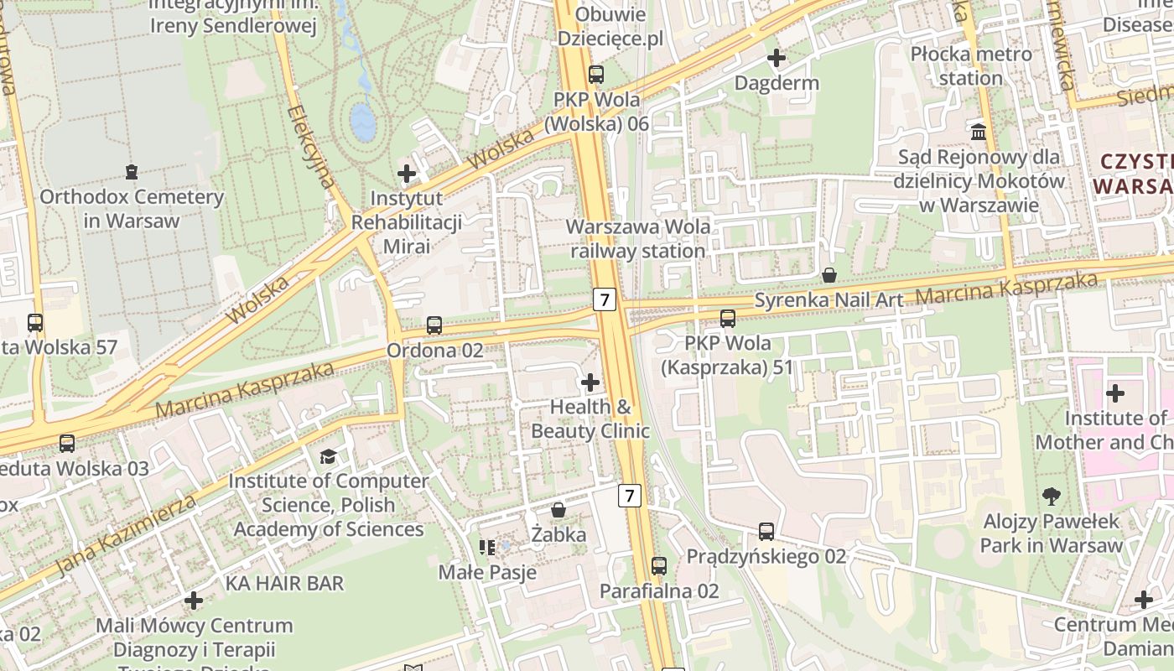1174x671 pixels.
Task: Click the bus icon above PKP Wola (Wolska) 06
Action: (595, 75)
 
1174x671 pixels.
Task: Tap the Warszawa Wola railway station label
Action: (638, 238)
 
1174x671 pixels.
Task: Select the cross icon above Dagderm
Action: (777, 58)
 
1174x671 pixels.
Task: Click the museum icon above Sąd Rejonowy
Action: (978, 132)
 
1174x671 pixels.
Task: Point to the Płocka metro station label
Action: (971, 66)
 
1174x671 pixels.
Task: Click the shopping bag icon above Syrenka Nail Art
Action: (829, 274)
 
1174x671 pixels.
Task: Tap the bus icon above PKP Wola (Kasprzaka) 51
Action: (727, 319)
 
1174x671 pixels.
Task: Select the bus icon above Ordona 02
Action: (434, 325)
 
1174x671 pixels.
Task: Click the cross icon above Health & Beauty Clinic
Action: (590, 382)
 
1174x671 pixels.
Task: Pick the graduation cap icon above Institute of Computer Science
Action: (328, 456)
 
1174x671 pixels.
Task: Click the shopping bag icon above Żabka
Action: (558, 510)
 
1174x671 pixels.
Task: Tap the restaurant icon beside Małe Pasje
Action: (487, 548)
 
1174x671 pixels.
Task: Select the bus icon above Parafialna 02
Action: (659, 566)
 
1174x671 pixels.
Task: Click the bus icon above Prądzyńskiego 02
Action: (766, 531)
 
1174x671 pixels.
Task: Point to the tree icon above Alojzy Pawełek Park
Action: (1052, 497)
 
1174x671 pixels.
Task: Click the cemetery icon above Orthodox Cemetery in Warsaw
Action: (132, 172)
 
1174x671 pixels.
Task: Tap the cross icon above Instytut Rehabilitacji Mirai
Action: (407, 174)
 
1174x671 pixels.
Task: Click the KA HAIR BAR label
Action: (284, 583)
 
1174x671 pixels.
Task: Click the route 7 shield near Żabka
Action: (630, 496)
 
